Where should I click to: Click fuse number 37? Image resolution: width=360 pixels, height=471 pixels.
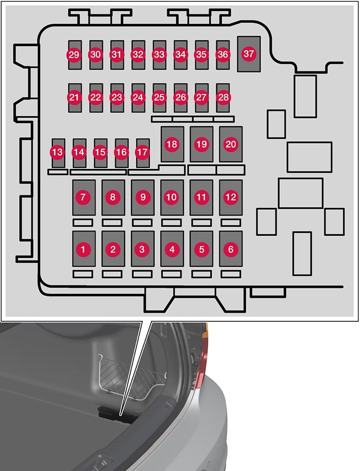[249, 54]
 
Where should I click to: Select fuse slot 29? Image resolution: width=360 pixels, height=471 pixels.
[74, 55]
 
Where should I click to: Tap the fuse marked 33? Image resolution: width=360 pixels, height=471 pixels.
[159, 55]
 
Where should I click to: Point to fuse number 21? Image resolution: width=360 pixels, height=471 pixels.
[74, 97]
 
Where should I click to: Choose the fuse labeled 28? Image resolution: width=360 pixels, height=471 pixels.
[223, 97]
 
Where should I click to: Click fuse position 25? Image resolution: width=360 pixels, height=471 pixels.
[159, 97]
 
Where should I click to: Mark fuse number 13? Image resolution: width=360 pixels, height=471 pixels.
[58, 153]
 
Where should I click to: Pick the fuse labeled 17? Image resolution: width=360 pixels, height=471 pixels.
[143, 153]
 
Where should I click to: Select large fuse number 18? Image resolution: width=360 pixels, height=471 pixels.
[172, 144]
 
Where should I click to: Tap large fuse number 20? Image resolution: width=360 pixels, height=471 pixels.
[231, 144]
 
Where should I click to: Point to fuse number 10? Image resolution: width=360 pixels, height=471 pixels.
[172, 197]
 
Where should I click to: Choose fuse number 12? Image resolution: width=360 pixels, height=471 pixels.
[231, 197]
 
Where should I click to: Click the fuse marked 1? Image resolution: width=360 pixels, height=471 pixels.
[84, 249]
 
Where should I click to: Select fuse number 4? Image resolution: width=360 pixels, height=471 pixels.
[172, 249]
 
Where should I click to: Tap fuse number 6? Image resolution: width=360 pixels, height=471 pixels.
[231, 249]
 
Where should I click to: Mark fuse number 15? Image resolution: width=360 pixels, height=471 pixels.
[100, 153]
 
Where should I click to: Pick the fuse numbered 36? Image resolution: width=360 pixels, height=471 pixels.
[223, 55]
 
